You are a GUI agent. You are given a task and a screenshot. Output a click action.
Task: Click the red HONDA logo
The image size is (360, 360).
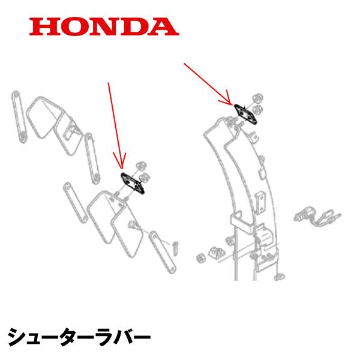pos(104,26)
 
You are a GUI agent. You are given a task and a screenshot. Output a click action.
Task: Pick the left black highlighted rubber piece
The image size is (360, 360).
pos(133,184)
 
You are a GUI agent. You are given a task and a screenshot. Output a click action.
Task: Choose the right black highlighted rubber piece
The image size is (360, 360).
pos(245,114)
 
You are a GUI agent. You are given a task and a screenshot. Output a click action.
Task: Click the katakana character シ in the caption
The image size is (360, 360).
pos(17,337)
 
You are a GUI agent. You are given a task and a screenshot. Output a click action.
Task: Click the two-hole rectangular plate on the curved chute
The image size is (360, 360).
pos(261,203)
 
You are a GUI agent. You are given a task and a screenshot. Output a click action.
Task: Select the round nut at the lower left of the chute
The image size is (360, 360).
pos(201,258)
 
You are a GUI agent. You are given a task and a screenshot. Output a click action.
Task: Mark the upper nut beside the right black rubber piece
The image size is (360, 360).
pos(257,98)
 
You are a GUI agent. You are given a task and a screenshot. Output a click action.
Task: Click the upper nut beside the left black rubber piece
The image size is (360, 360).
pos(141,166)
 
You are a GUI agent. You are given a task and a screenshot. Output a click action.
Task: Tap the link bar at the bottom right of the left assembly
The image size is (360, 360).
pos(163,251)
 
